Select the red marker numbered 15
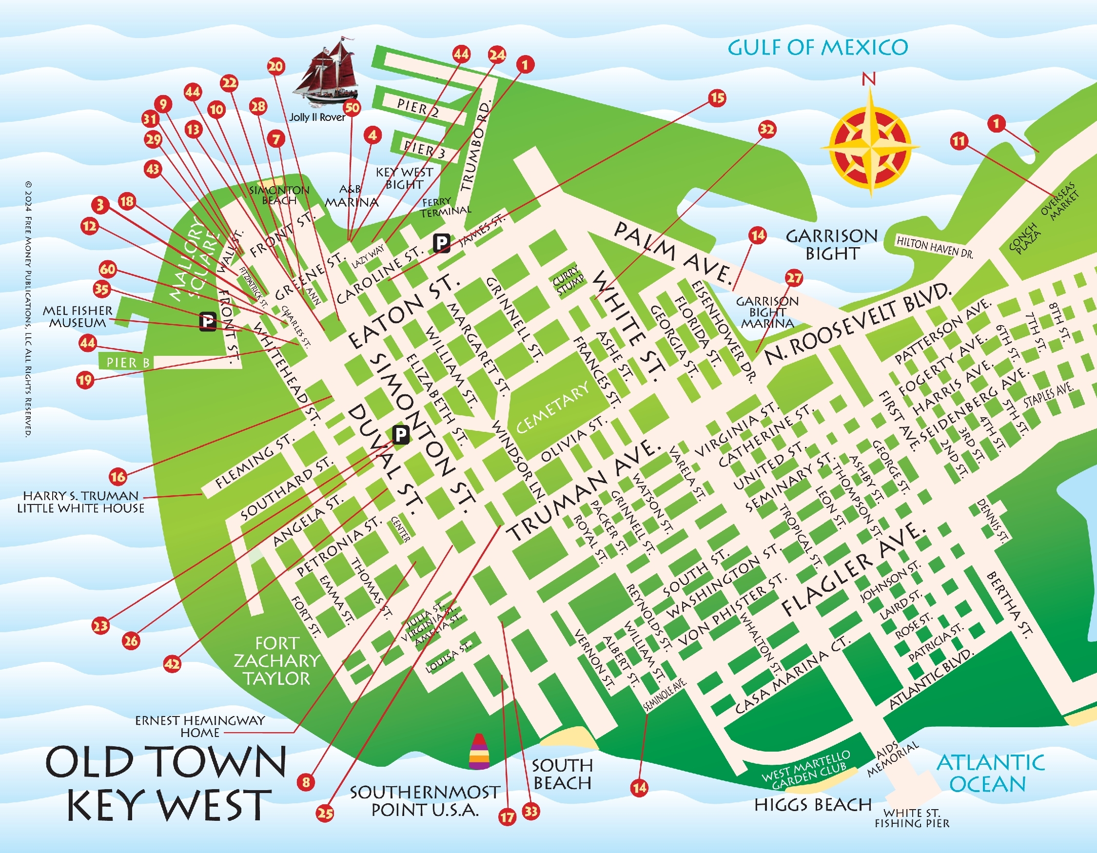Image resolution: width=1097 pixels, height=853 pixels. (x=717, y=97)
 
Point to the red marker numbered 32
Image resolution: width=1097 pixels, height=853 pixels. (x=766, y=129)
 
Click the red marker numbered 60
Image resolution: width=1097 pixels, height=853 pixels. (x=107, y=269)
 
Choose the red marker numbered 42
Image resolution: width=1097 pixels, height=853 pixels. (x=172, y=664)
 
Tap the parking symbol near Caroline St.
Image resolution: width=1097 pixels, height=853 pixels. (x=442, y=244)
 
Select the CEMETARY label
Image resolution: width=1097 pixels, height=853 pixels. (x=552, y=407)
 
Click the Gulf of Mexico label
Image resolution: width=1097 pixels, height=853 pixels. (x=817, y=48)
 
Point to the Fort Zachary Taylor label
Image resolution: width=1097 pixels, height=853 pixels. (x=277, y=661)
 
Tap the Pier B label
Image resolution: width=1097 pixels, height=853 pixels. (x=128, y=363)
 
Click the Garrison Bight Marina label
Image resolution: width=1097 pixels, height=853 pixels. (x=767, y=312)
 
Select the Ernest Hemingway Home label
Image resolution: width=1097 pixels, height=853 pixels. (x=200, y=726)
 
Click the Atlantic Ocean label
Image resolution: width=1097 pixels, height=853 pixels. (x=990, y=773)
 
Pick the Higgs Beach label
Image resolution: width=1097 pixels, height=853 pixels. (x=813, y=805)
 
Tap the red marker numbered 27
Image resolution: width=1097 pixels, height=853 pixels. (x=794, y=278)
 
